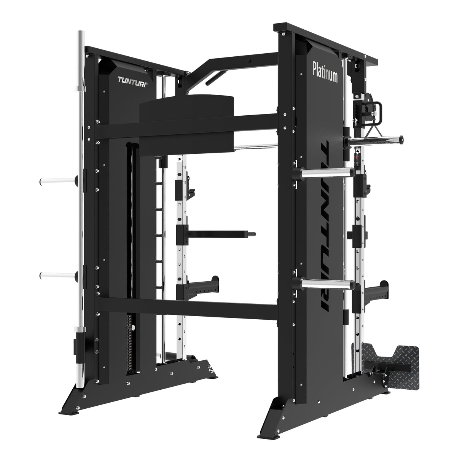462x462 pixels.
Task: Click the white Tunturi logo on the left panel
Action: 133,80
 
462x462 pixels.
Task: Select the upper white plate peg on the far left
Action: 57,182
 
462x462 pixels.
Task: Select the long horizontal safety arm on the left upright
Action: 221,233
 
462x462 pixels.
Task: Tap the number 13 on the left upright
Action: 184,167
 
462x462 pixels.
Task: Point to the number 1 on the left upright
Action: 185,347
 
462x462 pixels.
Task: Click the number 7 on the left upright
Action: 185,257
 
